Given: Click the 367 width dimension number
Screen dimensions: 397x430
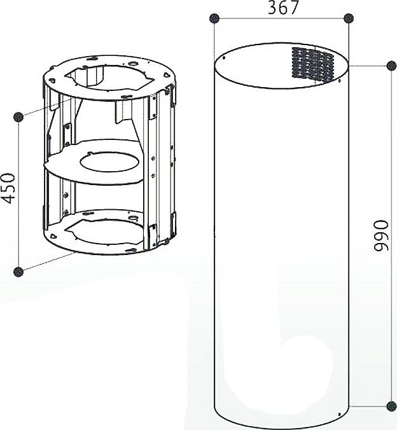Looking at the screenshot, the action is pyautogui.click(x=283, y=8).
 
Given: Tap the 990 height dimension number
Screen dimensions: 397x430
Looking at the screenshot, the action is pyautogui.click(x=381, y=235).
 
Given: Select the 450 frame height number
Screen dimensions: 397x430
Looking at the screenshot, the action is pyautogui.click(x=8, y=188).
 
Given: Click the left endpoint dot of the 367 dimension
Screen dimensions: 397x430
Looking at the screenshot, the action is pyautogui.click(x=214, y=18).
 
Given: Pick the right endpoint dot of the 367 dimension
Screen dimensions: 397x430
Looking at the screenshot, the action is pyautogui.click(x=349, y=18).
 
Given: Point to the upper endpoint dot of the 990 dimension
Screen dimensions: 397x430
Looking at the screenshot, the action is pyautogui.click(x=391, y=66).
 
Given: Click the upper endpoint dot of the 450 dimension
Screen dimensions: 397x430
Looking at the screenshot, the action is pyautogui.click(x=18, y=117).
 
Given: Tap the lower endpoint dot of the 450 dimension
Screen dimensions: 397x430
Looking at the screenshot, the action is pyautogui.click(x=18, y=272).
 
